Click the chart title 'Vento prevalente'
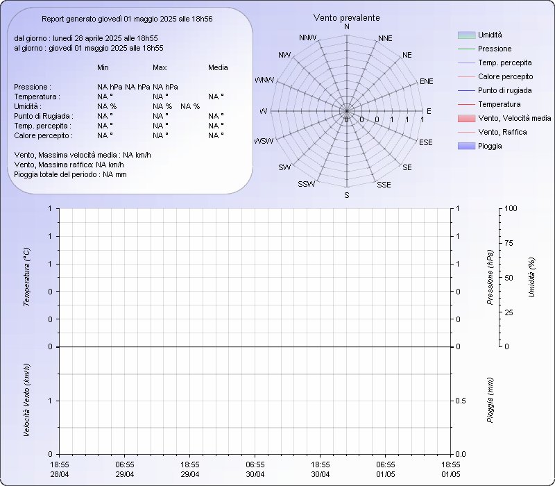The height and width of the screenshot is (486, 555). point(346,18)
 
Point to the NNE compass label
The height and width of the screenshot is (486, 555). point(385,38)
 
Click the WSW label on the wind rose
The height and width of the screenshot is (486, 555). point(264,141)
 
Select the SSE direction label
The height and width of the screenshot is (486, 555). point(384,185)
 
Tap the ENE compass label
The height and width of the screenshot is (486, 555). point(426,81)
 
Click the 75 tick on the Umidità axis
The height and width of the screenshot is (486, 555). point(509,243)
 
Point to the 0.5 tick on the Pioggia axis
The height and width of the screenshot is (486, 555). point(461,401)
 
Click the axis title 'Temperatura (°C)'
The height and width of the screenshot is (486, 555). point(26,277)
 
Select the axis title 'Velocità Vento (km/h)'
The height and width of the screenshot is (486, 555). point(26,400)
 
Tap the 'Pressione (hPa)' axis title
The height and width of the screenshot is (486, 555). point(490,277)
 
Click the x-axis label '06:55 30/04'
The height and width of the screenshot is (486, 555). point(255,469)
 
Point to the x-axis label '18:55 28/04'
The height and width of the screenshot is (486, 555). point(60,469)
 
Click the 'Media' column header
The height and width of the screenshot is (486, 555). point(218,67)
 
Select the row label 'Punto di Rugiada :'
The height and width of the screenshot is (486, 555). point(44,116)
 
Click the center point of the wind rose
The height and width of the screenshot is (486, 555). point(346,111)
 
